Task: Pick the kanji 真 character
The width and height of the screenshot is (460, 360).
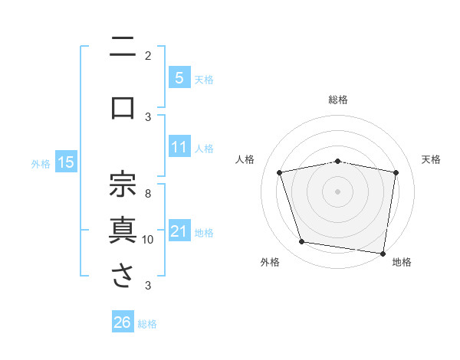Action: click(x=123, y=230)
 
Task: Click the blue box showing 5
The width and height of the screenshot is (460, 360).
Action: click(x=179, y=77)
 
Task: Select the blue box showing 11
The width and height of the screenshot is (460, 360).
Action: click(x=179, y=147)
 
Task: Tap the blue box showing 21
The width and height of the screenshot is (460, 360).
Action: click(x=179, y=231)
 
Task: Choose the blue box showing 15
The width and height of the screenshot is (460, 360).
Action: click(x=65, y=162)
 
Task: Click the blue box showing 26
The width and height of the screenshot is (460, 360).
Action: click(x=122, y=322)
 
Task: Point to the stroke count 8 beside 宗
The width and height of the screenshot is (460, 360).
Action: click(x=148, y=194)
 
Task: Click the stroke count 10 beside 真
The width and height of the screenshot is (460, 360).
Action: click(x=148, y=239)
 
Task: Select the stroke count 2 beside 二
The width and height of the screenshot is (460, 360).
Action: click(x=148, y=55)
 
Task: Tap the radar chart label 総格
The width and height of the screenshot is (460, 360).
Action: click(x=338, y=100)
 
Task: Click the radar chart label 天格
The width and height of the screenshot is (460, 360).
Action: click(x=432, y=159)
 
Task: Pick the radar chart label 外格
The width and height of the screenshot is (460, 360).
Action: click(x=270, y=262)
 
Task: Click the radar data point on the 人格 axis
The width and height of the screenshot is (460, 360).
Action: click(x=280, y=172)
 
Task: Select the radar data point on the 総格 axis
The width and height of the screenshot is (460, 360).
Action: click(x=338, y=161)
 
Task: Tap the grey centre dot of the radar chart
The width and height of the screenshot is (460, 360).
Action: click(x=338, y=191)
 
